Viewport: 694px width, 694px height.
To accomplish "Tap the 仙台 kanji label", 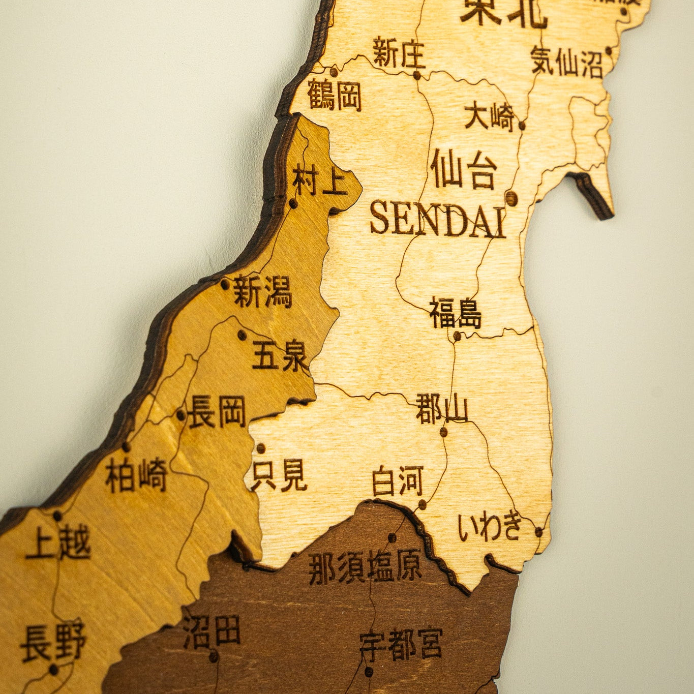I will pyautogui.click(x=464, y=170).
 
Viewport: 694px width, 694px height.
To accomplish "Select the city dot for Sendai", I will pyautogui.click(x=511, y=198).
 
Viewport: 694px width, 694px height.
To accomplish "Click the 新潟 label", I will pyautogui.click(x=262, y=292).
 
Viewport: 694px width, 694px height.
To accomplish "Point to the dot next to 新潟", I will pyautogui.click(x=225, y=284).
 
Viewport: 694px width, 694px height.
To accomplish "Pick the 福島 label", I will pyautogui.click(x=456, y=313).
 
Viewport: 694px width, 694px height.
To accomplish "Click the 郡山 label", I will pyautogui.click(x=441, y=409).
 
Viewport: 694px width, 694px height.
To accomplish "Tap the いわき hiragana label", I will pyautogui.click(x=490, y=527).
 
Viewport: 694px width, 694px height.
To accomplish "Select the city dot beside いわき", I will pyautogui.click(x=538, y=532).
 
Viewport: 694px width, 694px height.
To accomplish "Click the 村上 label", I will pyautogui.click(x=319, y=182).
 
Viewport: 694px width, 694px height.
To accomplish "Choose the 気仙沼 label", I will pyautogui.click(x=566, y=62).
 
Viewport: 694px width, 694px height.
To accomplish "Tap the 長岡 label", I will pyautogui.click(x=217, y=412).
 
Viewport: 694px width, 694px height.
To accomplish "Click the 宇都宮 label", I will pyautogui.click(x=401, y=644).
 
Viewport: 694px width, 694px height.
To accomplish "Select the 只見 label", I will pyautogui.click(x=279, y=475).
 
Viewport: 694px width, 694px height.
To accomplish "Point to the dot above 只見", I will pyautogui.click(x=261, y=448).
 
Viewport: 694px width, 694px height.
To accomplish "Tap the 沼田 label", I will pyautogui.click(x=212, y=632).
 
